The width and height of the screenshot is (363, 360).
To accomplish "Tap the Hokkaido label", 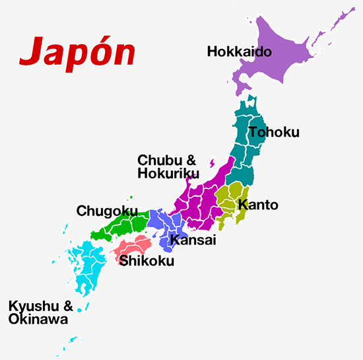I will click(x=239, y=51).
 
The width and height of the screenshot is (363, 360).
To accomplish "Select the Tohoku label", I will click(x=274, y=132).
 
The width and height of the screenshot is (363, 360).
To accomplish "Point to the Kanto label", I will click(x=258, y=204).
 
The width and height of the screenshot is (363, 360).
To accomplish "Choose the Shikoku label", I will click(x=147, y=261).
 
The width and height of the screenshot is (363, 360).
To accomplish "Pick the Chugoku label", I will click(x=106, y=211).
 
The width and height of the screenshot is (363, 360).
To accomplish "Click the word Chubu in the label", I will click(x=157, y=160).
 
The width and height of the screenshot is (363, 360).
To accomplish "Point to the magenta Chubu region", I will click(x=198, y=198).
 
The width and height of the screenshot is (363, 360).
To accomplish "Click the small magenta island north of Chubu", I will click(x=212, y=162).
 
